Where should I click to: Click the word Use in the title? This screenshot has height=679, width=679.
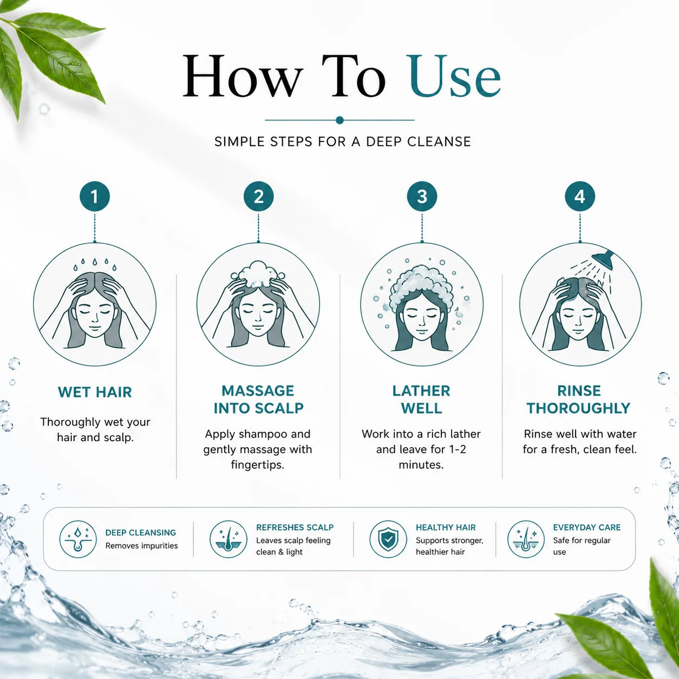click(x=455, y=76)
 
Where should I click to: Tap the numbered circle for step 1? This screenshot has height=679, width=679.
click(x=94, y=196)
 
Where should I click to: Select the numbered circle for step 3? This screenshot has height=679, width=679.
click(x=422, y=196)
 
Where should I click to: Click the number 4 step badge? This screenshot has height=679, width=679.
click(x=579, y=196)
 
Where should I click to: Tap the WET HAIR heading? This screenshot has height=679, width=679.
click(x=95, y=392)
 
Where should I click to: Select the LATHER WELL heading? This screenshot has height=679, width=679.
click(x=421, y=399)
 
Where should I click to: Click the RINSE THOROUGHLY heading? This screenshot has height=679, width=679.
click(x=579, y=399)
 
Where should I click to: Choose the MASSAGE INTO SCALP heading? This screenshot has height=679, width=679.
click(x=258, y=399)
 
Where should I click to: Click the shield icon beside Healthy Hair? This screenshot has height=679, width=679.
click(x=388, y=539)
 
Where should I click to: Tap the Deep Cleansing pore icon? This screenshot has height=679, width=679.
click(x=78, y=539)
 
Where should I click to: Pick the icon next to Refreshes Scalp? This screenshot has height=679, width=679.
click(x=228, y=539)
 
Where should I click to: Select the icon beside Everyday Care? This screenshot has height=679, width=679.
click(x=526, y=539)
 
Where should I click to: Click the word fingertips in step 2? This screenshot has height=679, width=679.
click(x=258, y=465)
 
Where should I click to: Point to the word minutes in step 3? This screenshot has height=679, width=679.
click(x=421, y=465)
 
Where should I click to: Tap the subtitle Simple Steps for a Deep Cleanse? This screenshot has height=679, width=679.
click(x=343, y=142)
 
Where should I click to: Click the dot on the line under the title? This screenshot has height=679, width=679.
click(x=339, y=120)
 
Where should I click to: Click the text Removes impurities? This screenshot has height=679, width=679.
click(x=142, y=546)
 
